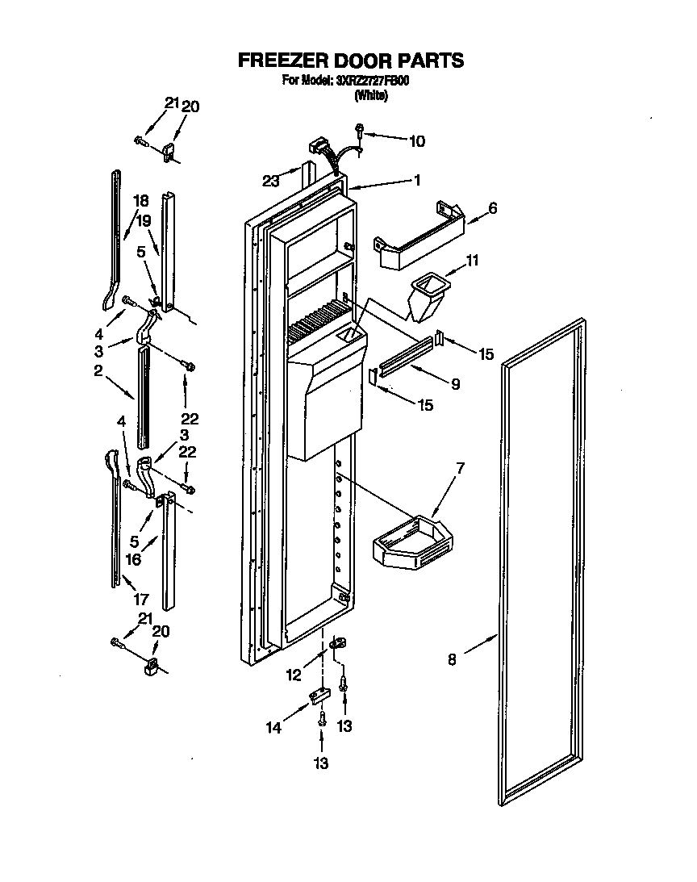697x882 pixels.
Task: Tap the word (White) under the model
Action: click(x=371, y=95)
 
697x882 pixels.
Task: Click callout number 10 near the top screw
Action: click(x=415, y=141)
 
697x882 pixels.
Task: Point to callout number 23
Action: click(x=271, y=182)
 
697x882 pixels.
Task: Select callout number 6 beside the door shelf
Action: click(x=492, y=208)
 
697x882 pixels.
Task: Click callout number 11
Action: click(x=474, y=261)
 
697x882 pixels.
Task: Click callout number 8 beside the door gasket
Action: click(x=452, y=659)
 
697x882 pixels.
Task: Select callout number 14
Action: click(x=274, y=728)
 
